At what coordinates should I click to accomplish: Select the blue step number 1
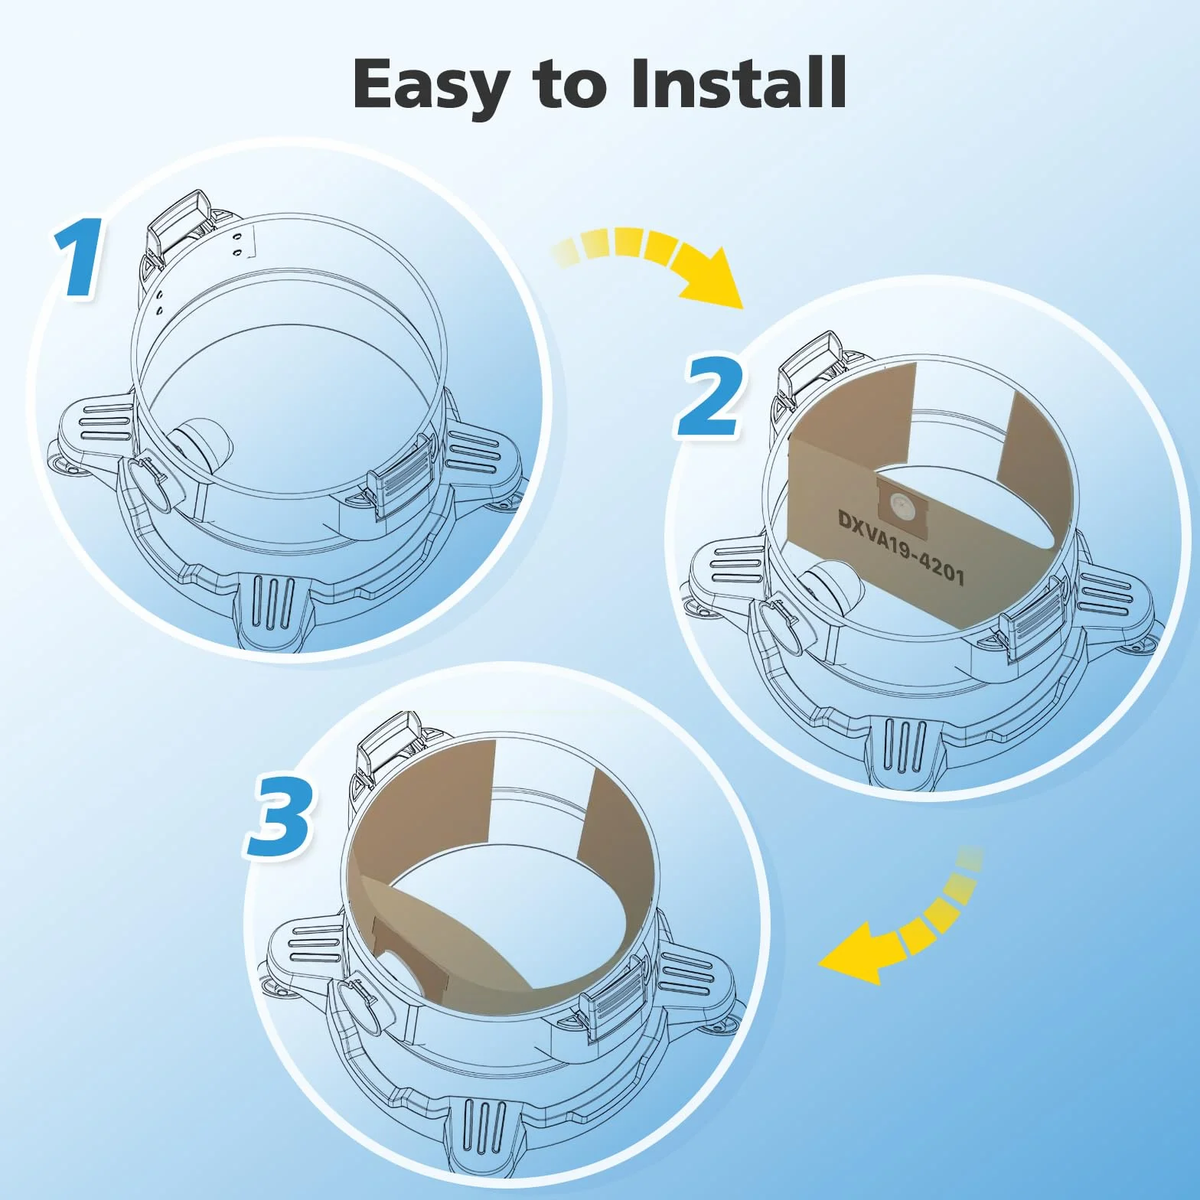tap(79, 257)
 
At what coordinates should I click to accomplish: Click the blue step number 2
tap(710, 396)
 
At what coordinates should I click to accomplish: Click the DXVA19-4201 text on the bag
tap(901, 546)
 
